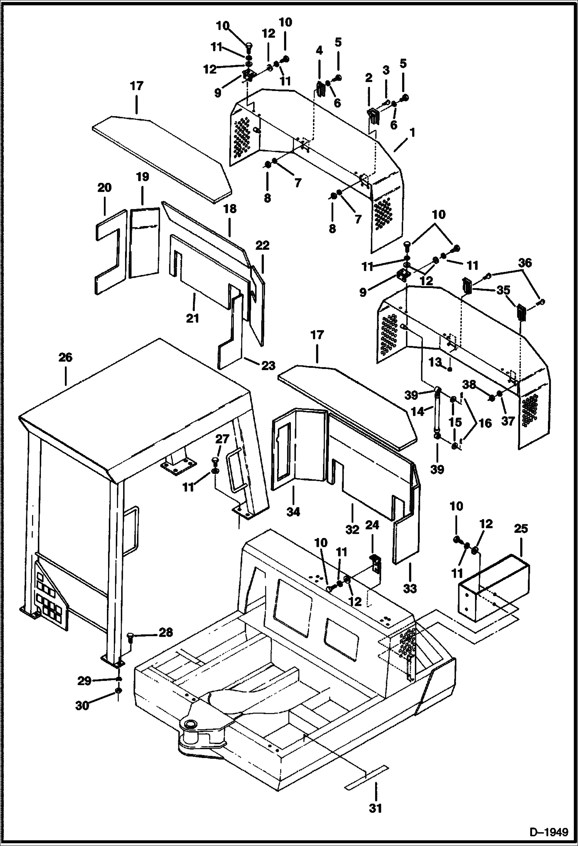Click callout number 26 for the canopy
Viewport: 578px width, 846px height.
65,357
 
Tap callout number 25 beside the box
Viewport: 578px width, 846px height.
521,528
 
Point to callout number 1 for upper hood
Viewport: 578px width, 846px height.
412,133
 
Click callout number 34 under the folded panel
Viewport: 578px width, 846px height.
293,512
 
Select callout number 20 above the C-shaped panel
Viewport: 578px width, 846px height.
104,188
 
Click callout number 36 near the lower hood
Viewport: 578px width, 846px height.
525,263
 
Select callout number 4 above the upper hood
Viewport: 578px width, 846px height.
319,51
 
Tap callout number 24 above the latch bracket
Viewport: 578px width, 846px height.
372,525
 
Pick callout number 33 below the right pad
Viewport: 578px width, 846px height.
410,588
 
